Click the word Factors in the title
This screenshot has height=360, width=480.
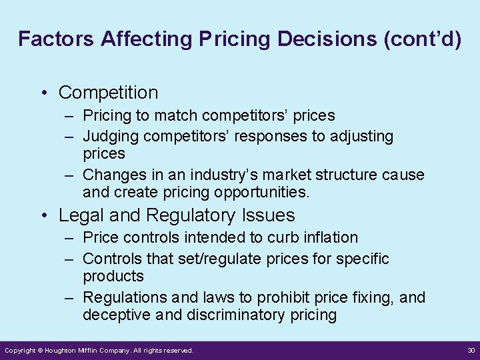coord(56,39)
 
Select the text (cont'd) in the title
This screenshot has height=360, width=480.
coord(422,39)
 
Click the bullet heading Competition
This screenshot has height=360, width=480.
coord(108,93)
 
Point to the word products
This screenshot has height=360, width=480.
coord(113,276)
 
